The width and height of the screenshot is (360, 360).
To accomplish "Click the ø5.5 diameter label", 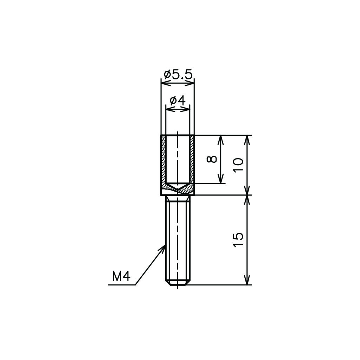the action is [178, 75].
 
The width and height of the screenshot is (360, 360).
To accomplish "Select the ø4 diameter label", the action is [178, 101].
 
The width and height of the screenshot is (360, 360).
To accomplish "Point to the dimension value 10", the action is [238, 165].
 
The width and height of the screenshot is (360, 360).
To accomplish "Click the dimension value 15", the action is [238, 240].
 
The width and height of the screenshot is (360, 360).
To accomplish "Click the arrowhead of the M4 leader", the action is [162, 249].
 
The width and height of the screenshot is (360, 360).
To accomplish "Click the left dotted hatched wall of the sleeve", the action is [163, 161].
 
